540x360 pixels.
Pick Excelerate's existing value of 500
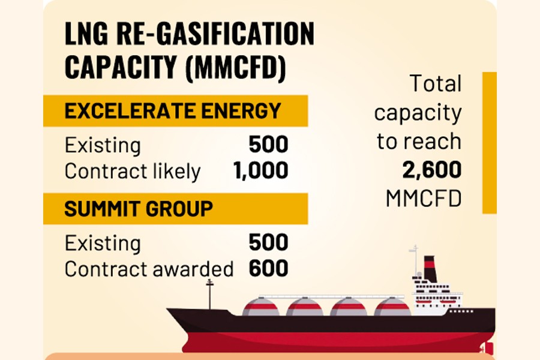tap(268, 145)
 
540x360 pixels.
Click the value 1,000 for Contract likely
tap(260, 171)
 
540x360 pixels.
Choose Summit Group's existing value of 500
tap(268, 243)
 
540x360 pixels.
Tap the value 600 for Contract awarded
tap(268, 269)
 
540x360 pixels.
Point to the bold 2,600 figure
tap(433, 170)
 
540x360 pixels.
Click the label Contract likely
tap(132, 172)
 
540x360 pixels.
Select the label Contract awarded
tap(149, 269)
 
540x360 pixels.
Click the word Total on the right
tap(436, 84)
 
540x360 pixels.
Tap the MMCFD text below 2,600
tap(424, 199)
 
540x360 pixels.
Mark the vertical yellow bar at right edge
tap(490, 143)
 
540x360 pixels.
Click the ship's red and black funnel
tap(430, 268)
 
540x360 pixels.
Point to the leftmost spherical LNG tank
tap(261, 307)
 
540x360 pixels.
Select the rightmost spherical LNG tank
tap(392, 307)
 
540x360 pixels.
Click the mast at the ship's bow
tap(209, 294)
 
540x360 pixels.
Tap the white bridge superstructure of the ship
tap(437, 295)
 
